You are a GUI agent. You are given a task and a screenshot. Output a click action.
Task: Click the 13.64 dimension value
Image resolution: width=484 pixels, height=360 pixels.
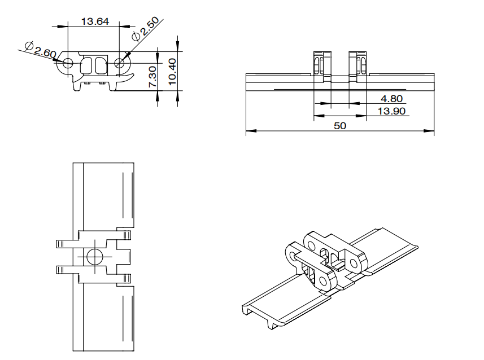(95, 21)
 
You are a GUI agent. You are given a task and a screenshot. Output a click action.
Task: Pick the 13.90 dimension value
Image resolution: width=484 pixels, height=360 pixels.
(392, 111)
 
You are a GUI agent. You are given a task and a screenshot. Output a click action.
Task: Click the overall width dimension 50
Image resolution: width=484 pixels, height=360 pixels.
(340, 126)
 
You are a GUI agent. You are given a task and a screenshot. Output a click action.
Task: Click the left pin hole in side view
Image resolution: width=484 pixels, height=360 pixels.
(68, 63)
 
